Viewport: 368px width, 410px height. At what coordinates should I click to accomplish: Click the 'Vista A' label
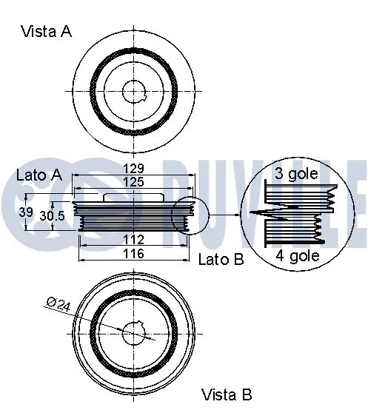46,32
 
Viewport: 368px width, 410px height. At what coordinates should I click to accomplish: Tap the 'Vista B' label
227,394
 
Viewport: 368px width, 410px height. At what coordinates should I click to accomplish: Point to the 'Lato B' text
221,258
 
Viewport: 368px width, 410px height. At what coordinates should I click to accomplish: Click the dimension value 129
133,168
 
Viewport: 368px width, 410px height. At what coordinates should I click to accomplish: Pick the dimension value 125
133,182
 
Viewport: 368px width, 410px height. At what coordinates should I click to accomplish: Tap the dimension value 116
133,253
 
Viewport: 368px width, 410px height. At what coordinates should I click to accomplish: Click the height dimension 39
25,212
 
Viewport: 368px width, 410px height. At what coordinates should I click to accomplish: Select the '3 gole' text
296,175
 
